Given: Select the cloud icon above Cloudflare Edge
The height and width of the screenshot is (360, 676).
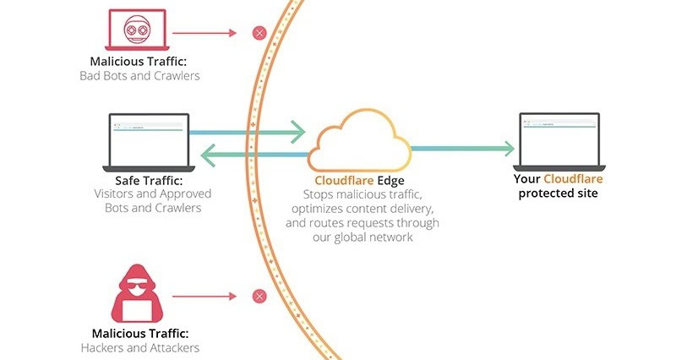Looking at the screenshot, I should click(358, 145).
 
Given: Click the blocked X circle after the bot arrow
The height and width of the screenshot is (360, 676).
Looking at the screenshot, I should click(259, 34).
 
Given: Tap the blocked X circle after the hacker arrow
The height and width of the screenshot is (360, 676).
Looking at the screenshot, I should click(259, 296).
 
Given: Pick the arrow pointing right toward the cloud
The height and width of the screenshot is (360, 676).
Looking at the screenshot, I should click(245, 132).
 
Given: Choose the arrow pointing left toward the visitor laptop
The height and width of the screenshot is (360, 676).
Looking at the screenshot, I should click(253, 155).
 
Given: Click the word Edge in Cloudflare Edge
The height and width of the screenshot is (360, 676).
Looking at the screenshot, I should click(388, 181).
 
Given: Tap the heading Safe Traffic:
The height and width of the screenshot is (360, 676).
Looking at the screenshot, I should click(149, 180).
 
